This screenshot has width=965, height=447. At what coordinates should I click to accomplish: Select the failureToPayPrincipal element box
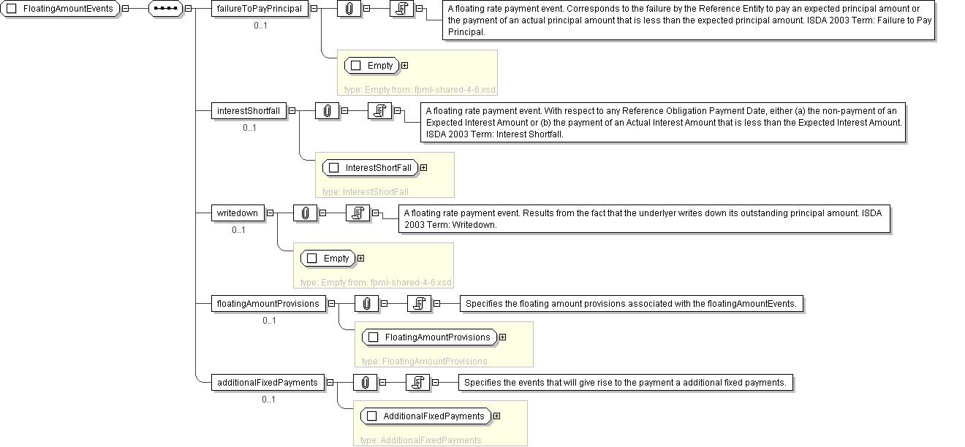pyautogui.click(x=260, y=9)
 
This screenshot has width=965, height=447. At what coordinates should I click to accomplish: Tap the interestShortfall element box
pyautogui.click(x=248, y=111)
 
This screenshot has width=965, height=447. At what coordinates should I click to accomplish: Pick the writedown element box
pyautogui.click(x=238, y=213)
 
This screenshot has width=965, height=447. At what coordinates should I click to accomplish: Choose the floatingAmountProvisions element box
pyautogui.click(x=268, y=304)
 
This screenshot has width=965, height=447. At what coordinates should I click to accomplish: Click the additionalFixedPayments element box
pyautogui.click(x=268, y=382)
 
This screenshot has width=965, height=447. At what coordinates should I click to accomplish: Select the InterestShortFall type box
pyautogui.click(x=370, y=168)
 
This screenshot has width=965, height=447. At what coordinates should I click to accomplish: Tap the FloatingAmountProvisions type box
pyautogui.click(x=430, y=337)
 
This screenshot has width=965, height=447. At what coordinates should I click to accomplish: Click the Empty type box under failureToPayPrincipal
pyautogui.click(x=372, y=66)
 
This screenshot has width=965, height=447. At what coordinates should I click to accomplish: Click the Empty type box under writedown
pyautogui.click(x=329, y=259)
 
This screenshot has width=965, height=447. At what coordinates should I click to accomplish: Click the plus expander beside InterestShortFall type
pyautogui.click(x=423, y=168)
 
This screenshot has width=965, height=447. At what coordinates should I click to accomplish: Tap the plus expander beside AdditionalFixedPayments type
pyautogui.click(x=497, y=416)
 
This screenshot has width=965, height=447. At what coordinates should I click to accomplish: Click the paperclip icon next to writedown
pyautogui.click(x=305, y=213)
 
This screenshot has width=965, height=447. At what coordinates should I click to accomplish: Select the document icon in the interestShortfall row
pyautogui.click(x=380, y=111)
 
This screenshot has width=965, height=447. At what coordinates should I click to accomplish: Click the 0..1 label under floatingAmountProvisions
pyautogui.click(x=269, y=321)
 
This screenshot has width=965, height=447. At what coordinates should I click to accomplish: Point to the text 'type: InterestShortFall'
pyautogui.click(x=365, y=192)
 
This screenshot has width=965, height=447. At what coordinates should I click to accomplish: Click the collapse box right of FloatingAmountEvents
pyautogui.click(x=126, y=9)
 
